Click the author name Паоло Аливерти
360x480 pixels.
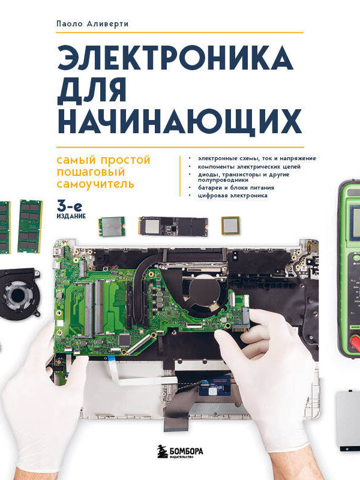(x=92, y=23)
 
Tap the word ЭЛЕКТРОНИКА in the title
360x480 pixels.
(x=176, y=58)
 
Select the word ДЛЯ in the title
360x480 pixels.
(x=92, y=90)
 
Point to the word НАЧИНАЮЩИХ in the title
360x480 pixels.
(x=179, y=122)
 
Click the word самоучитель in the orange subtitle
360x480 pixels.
(x=95, y=184)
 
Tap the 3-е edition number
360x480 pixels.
(x=70, y=207)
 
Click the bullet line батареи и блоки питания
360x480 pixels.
(x=236, y=187)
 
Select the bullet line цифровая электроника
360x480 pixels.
(x=233, y=196)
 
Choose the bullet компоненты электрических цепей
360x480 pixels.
(x=249, y=167)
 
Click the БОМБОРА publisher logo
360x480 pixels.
(x=180, y=452)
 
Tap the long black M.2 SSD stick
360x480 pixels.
(x=173, y=226)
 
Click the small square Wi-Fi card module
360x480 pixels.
(x=112, y=226)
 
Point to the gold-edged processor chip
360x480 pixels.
(x=230, y=226)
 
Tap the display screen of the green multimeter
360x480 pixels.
(x=355, y=221)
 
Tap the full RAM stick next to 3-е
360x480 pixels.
(x=29, y=226)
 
